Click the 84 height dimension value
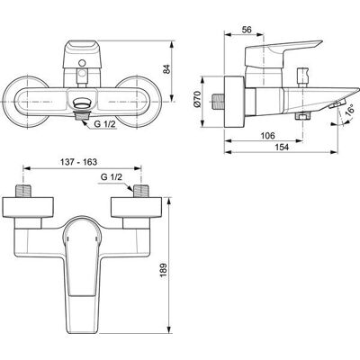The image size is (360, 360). (x=166, y=69)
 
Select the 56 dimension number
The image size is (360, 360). (x=247, y=30)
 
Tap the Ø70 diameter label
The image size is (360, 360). (x=197, y=99)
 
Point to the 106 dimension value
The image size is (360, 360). (x=267, y=136)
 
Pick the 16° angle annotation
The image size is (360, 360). (x=350, y=110)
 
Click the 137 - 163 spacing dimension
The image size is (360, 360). (x=78, y=162)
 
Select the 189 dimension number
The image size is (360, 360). (x=164, y=270)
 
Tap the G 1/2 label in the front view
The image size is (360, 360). (x=105, y=124)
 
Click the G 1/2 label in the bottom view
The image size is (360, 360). (x=112, y=177)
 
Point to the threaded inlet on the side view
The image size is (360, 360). (x=218, y=102)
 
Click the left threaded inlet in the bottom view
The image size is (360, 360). (x=23, y=191)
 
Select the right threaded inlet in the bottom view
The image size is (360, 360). (x=140, y=191)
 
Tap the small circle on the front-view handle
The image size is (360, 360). (x=82, y=63)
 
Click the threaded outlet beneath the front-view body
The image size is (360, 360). (x=81, y=115)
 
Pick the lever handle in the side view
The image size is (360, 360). (x=282, y=53)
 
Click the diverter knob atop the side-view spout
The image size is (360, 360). (x=302, y=77)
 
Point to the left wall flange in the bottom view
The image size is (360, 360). (x=28, y=207)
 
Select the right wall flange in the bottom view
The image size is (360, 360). (x=136, y=207)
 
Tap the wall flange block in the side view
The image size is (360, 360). (x=234, y=102)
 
